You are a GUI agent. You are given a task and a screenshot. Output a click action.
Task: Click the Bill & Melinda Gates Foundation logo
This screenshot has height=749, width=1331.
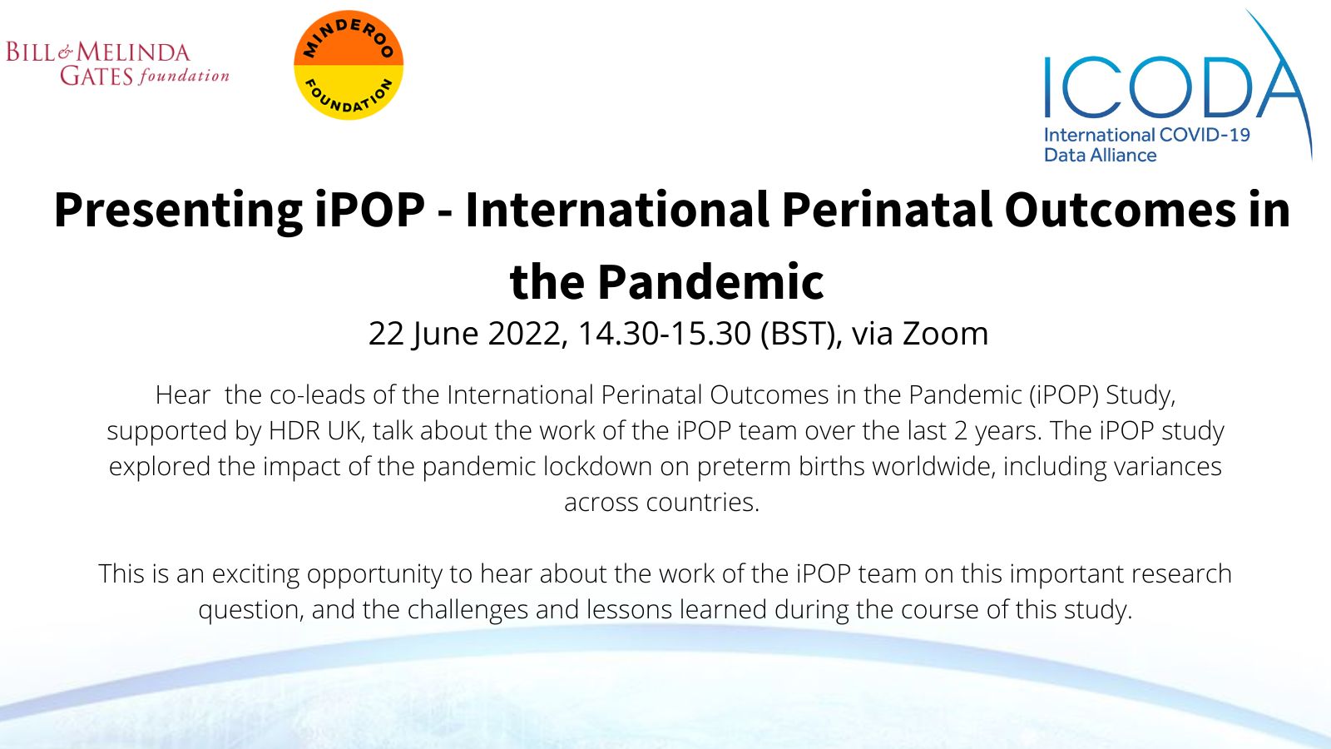point(117,63)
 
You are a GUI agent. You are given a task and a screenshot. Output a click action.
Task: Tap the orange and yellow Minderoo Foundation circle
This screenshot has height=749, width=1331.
point(349,65)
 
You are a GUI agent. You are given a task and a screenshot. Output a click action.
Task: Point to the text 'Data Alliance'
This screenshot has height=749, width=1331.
point(1101,155)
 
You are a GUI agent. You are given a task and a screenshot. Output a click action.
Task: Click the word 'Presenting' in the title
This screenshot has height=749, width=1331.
point(178,211)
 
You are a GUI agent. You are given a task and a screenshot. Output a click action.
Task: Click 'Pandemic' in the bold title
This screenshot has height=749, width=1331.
point(710,282)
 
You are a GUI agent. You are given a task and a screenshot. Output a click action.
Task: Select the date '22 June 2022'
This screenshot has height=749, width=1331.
point(464,334)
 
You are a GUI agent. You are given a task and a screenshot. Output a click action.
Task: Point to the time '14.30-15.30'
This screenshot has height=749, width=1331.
point(665,333)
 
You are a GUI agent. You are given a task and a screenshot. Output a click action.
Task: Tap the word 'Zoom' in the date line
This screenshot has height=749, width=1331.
point(945,333)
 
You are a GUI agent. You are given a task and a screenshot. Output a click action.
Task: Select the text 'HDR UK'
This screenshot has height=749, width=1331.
point(314,431)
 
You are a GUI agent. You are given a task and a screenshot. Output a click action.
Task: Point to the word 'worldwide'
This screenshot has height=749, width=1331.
point(933,467)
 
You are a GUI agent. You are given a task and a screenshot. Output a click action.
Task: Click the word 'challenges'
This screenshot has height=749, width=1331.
point(468,611)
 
